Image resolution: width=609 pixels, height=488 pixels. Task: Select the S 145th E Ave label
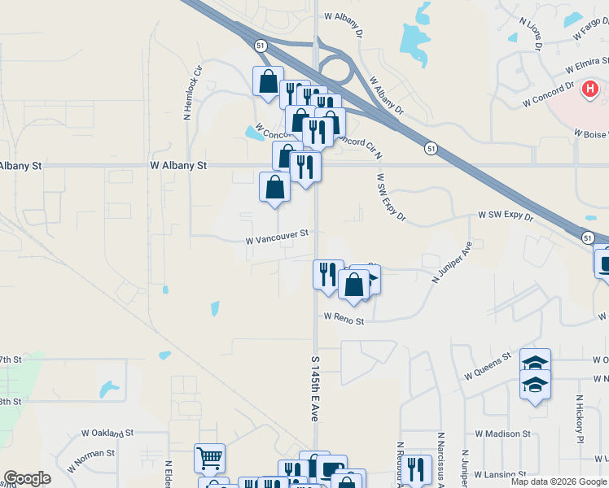[x=315, y=375]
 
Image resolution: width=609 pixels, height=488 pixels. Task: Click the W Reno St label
[x=343, y=320]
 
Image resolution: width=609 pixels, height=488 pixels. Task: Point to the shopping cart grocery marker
[x=209, y=458]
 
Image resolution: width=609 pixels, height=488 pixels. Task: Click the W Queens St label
[x=488, y=366]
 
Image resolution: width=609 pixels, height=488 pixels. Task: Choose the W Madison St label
[x=502, y=434]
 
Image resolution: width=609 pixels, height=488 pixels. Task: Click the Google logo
[x=27, y=478]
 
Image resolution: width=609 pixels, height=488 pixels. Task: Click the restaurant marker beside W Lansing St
[x=415, y=469]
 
